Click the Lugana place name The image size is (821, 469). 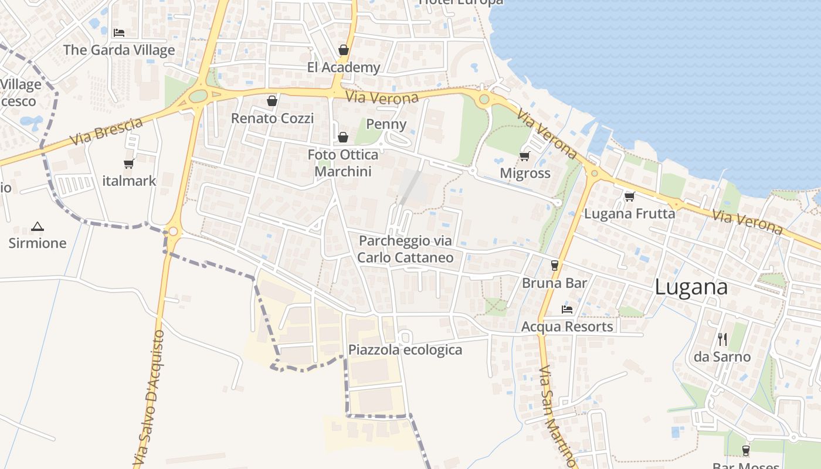tap(691, 287)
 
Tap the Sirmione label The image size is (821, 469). tap(38, 243)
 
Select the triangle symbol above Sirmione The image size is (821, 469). tap(38, 226)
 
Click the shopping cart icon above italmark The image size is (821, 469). tap(129, 164)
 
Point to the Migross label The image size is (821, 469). tap(525, 173)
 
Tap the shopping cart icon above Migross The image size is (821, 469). tap(524, 156)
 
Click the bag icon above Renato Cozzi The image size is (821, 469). tap(272, 101)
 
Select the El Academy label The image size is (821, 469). tap(344, 67)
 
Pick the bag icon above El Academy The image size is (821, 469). tap(344, 50)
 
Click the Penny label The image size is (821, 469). tap(386, 124)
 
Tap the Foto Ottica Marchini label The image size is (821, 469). tap(343, 163)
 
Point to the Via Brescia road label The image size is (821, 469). tap(106, 132)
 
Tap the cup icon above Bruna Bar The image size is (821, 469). tap(555, 265)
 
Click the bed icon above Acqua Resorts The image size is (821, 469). tap(567, 309)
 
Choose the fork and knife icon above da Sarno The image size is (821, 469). tap(722, 339)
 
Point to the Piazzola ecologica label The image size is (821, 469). tap(405, 350)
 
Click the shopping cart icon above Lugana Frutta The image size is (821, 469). tap(630, 196)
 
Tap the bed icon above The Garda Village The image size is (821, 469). tap(119, 33)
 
